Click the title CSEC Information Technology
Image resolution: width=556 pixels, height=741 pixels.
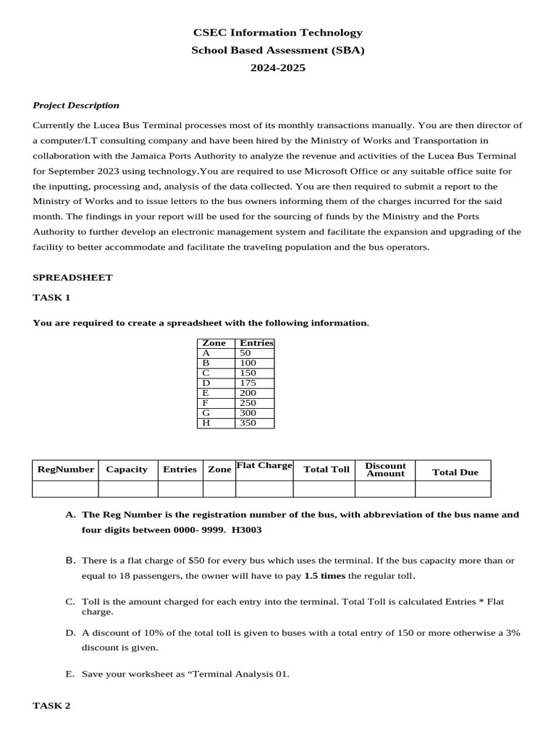tap(277, 33)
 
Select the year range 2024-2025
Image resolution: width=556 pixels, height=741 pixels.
tap(277, 67)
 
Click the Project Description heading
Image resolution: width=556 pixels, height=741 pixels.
tap(76, 105)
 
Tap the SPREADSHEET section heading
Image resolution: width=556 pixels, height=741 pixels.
tap(72, 277)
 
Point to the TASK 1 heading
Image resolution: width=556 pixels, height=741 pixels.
tap(51, 297)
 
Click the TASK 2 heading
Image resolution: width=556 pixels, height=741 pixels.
tap(51, 706)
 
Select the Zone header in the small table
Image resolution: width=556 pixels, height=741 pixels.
tap(214, 343)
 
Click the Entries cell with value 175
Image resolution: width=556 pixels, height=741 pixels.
tap(248, 383)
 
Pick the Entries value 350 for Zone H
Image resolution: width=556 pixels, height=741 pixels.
tap(248, 423)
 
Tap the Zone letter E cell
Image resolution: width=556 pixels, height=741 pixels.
tap(206, 393)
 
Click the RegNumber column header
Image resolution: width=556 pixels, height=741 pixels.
tap(65, 469)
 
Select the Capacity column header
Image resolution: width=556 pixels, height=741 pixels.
tap(127, 469)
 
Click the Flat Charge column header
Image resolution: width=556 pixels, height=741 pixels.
tap(264, 465)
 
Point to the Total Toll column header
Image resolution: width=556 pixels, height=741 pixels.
tap(326, 470)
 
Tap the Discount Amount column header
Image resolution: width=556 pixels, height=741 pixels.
tap(385, 470)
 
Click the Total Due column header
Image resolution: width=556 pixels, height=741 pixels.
tap(455, 472)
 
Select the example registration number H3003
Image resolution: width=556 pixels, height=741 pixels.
tap(246, 530)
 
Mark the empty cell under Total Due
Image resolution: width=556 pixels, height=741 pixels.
tap(452, 489)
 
